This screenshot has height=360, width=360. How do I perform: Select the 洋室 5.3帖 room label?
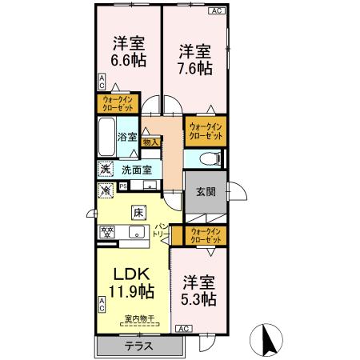[198, 290]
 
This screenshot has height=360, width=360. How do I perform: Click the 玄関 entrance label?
[206, 192]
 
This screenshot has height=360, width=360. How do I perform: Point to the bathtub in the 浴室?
[106, 138]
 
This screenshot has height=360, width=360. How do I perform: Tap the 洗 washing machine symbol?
[105, 169]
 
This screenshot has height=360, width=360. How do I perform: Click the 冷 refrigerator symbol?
[105, 190]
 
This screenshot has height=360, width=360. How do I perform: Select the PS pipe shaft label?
[122, 186]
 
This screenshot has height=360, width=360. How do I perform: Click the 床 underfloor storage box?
[138, 214]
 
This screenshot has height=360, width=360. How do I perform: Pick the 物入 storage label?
[150, 142]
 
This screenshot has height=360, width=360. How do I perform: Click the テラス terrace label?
[139, 346]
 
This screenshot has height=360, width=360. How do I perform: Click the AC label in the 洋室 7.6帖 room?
[216, 10]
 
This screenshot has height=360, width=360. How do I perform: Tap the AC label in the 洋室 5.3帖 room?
[182, 328]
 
